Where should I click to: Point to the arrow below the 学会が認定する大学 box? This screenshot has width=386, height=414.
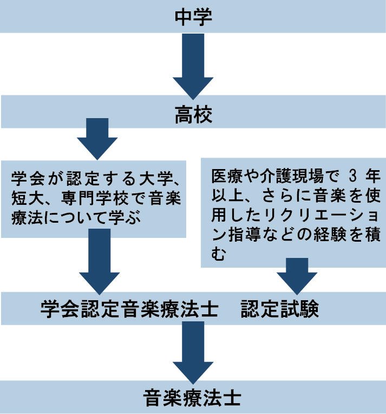99,260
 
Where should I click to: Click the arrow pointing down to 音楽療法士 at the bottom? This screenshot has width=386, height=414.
193,353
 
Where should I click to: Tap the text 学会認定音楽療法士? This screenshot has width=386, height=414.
129,310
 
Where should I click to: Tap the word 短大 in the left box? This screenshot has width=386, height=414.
25,198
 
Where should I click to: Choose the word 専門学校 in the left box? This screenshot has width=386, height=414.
97,198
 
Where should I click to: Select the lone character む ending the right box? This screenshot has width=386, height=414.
217,254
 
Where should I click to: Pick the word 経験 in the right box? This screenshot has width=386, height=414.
333,235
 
